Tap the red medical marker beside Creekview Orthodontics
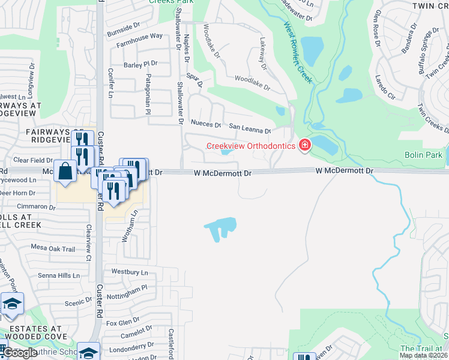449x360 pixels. coord(305,145)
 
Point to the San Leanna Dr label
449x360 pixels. coord(251,127)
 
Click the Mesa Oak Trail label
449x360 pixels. coord(53,248)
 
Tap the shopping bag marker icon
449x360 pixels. coord(65,170)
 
